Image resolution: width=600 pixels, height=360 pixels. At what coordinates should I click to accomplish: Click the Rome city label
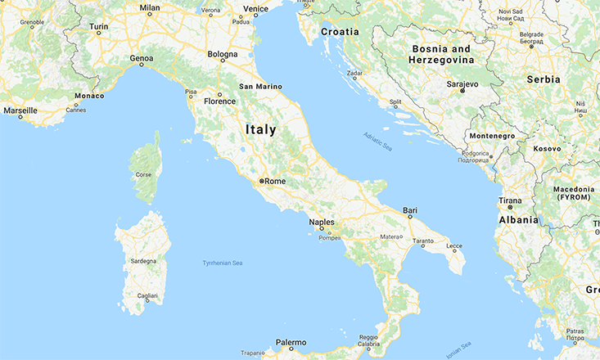[275, 181]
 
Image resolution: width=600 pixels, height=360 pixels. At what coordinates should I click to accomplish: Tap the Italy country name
[260, 129]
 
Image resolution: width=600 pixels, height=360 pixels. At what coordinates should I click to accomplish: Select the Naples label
[322, 223]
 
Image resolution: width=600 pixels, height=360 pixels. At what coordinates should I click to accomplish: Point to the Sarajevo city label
[462, 83]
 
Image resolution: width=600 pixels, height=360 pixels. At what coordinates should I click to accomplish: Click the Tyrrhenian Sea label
[223, 263]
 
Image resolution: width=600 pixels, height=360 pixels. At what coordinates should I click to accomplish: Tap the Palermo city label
[291, 342]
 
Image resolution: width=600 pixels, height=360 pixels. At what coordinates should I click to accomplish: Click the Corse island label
[144, 173]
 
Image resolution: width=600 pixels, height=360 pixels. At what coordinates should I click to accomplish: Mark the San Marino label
[260, 86]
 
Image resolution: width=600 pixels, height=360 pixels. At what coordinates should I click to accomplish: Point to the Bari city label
[410, 211]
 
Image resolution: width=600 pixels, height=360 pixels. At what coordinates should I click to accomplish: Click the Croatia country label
[340, 31]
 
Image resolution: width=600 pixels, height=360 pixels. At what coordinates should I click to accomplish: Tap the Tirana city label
[511, 200]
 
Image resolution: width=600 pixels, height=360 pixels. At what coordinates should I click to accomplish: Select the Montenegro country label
[493, 136]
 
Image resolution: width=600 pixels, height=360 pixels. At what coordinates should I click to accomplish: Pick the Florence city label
[219, 101]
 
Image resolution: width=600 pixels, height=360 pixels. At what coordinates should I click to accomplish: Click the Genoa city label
[142, 59]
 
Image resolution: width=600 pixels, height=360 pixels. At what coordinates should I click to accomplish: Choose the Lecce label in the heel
[454, 246]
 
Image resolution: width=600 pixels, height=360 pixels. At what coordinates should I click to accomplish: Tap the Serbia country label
[544, 79]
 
